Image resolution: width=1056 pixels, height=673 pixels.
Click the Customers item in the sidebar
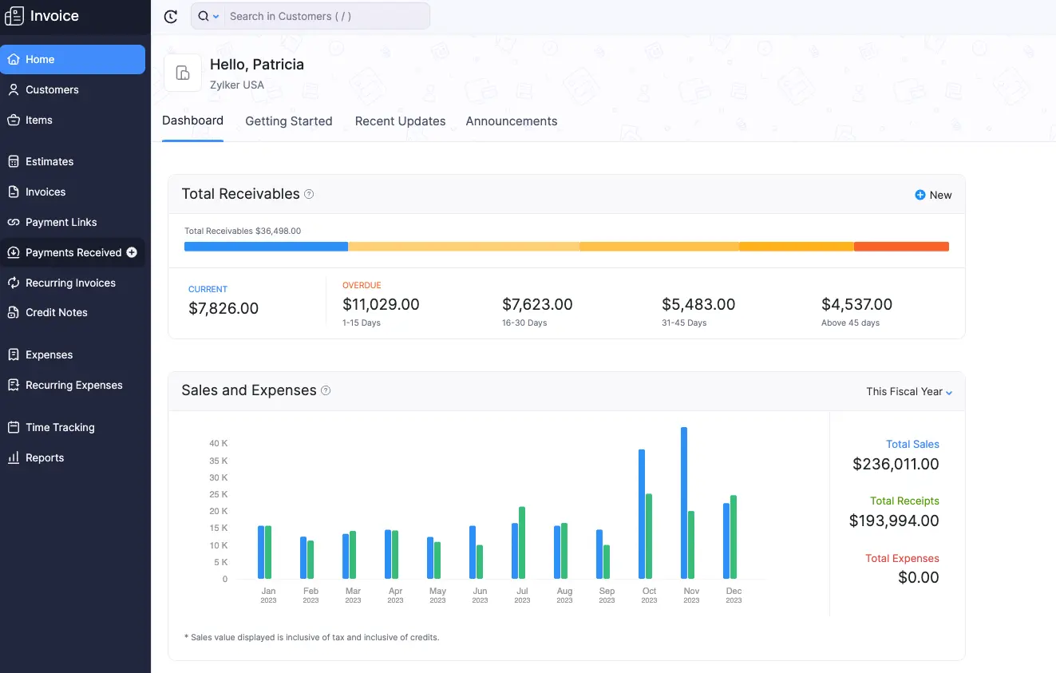(52, 89)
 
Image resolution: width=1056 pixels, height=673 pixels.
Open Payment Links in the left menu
(61, 222)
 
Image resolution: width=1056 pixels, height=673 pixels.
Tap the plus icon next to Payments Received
(132, 252)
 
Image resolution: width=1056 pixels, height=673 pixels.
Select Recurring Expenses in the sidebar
(73, 385)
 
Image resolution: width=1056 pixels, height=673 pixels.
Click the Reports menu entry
(44, 457)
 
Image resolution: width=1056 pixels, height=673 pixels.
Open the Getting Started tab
(288, 121)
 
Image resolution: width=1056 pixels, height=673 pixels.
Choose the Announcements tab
(511, 121)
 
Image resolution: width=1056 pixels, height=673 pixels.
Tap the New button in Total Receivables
(933, 195)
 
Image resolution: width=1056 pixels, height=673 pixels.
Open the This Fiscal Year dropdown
(909, 391)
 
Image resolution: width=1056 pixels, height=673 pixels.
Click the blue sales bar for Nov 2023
(684, 503)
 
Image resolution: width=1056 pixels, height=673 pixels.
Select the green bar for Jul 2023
(522, 543)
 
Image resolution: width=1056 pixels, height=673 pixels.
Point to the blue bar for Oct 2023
(642, 514)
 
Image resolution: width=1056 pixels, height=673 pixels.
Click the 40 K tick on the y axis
(219, 443)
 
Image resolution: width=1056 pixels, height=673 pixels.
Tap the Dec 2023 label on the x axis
(734, 595)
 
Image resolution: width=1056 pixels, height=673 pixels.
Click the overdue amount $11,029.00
(381, 304)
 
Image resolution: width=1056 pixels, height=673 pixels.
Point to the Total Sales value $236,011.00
(896, 464)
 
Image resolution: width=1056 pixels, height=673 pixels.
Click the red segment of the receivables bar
(901, 247)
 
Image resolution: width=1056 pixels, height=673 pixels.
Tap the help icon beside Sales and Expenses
(326, 390)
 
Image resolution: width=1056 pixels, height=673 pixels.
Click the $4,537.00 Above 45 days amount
(856, 304)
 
